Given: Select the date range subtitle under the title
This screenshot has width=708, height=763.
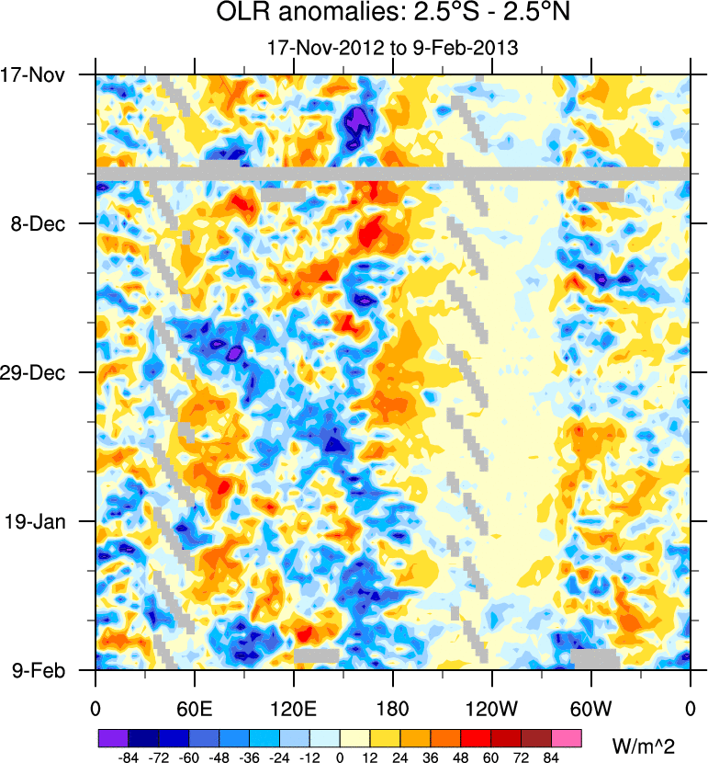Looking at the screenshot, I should click(392, 47).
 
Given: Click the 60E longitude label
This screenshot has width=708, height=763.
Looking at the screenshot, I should click(195, 710).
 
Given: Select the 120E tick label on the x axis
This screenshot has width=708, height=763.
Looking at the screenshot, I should click(294, 710).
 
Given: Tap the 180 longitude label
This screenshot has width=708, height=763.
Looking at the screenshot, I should click(393, 710).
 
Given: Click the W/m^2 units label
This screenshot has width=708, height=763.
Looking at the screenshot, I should click(650, 745).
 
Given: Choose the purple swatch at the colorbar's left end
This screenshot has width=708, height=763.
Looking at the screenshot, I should click(113, 738).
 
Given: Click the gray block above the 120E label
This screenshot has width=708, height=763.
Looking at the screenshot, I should click(316, 655).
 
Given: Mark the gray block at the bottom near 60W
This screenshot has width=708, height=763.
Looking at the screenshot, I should click(593, 658).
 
